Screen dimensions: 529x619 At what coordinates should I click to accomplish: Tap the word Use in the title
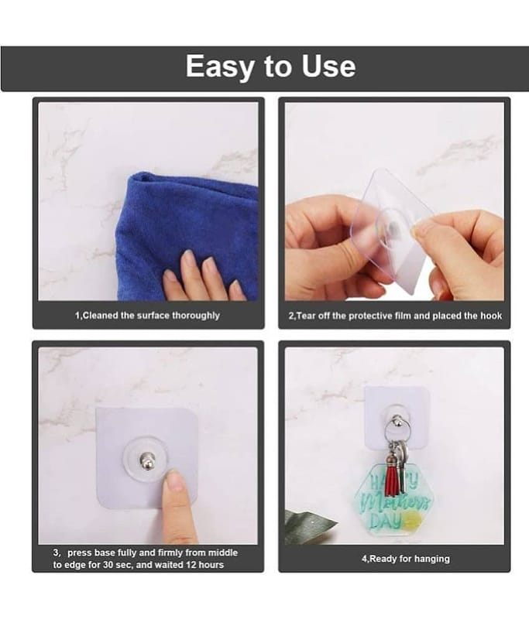328,66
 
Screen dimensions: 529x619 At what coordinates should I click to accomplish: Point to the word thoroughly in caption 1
195,316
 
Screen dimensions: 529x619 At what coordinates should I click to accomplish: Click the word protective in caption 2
361,316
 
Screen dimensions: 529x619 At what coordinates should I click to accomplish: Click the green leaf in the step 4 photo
310,523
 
